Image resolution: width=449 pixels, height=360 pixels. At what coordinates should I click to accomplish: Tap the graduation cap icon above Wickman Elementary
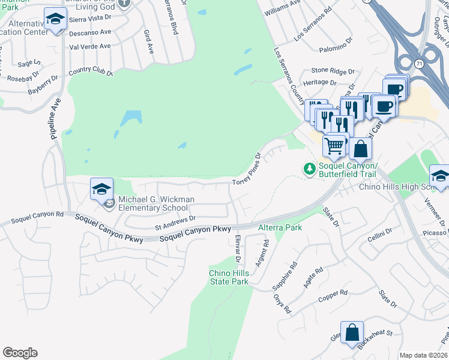point(101,189)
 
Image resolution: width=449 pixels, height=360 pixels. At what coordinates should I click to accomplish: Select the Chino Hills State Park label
point(228,277)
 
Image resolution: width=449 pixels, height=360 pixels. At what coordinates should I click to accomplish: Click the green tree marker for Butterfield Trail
point(310,169)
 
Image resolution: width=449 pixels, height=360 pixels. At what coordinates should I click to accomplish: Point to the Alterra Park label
point(280,228)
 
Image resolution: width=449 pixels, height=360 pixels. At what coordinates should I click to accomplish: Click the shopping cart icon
point(334,145)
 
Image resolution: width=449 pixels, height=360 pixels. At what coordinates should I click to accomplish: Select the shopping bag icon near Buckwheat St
point(352,332)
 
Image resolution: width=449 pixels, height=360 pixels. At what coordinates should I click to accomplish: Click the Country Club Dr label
point(91,72)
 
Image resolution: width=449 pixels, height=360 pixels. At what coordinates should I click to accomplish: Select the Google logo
point(20,353)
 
